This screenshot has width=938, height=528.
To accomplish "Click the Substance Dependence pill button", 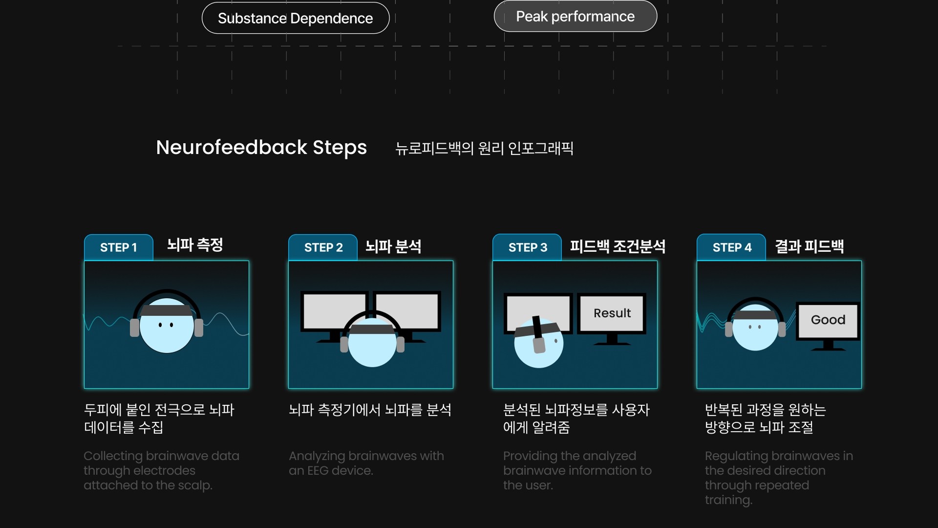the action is point(295,18).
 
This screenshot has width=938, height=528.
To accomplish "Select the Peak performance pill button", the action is point(575,16).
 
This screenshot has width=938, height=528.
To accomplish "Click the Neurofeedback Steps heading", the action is point(261,147).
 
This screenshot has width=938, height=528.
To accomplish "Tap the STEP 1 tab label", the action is point(118,247).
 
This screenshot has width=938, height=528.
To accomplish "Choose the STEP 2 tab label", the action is point(323,247).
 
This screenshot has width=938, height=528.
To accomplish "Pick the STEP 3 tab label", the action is point(527,247).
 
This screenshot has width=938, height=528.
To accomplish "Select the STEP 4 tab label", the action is point(731,247).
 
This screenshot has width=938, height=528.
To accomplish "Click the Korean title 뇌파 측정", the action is point(195,244).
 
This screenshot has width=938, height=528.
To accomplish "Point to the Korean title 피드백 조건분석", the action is point(618,246).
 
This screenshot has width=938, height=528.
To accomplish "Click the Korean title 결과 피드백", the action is point(809,246).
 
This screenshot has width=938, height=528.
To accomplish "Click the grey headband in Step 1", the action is point(166,310).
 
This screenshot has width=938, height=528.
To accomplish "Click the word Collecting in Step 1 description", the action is point(113,456).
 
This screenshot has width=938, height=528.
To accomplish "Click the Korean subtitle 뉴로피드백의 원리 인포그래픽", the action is point(484,148).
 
